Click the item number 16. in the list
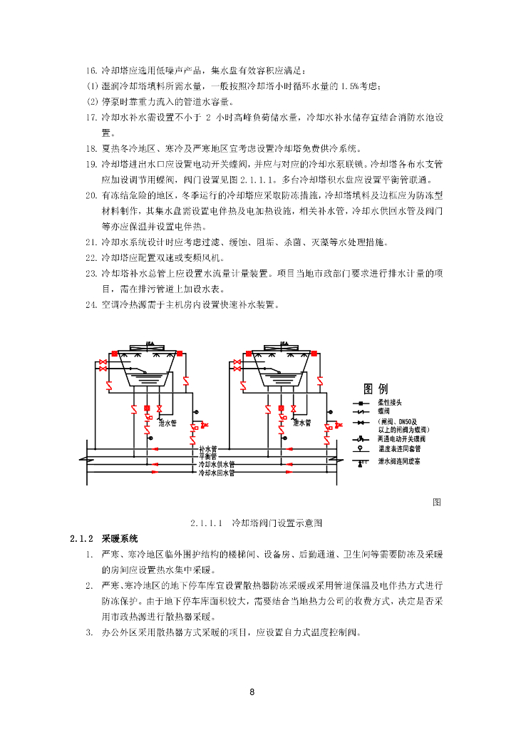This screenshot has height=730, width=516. tap(91, 71)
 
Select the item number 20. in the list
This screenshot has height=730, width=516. tap(91, 195)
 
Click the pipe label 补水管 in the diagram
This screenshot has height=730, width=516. tap(207, 449)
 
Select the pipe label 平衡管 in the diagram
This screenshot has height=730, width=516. tap(207, 456)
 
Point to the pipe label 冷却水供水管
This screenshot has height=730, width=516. tap(216, 464)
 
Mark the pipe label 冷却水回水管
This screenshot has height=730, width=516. tap(216, 472)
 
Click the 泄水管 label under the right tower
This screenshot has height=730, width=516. tap(302, 423)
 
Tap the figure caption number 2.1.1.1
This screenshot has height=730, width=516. tap(207, 523)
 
